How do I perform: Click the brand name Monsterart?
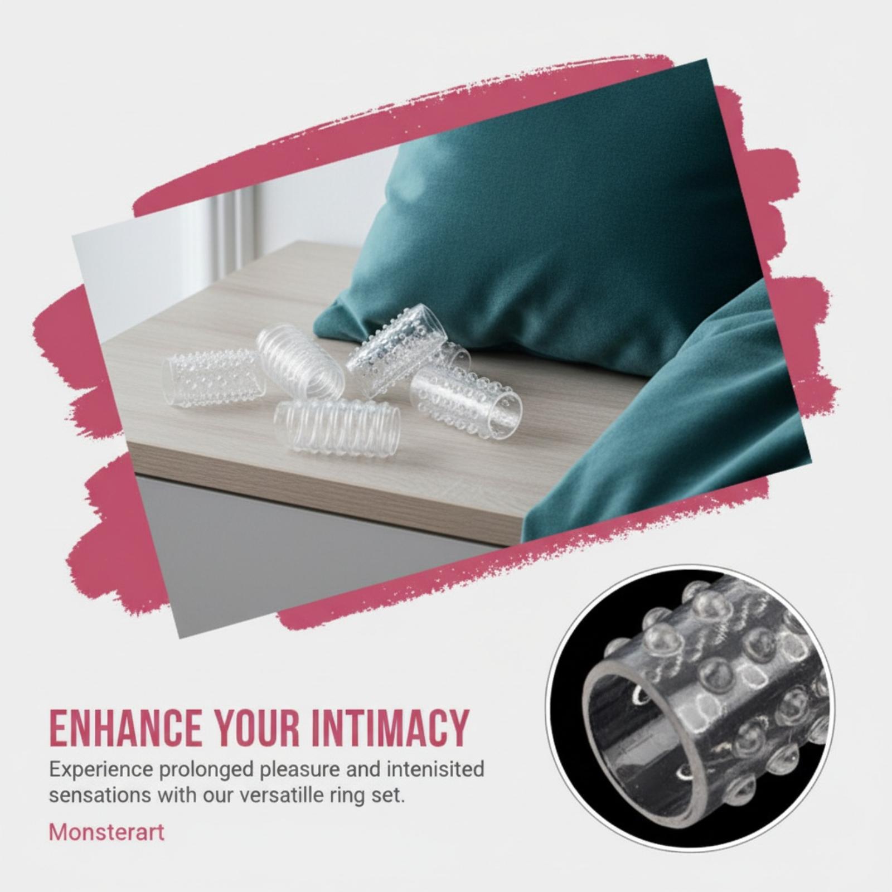pos(106,832)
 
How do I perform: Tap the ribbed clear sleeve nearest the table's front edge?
pos(337,426)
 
